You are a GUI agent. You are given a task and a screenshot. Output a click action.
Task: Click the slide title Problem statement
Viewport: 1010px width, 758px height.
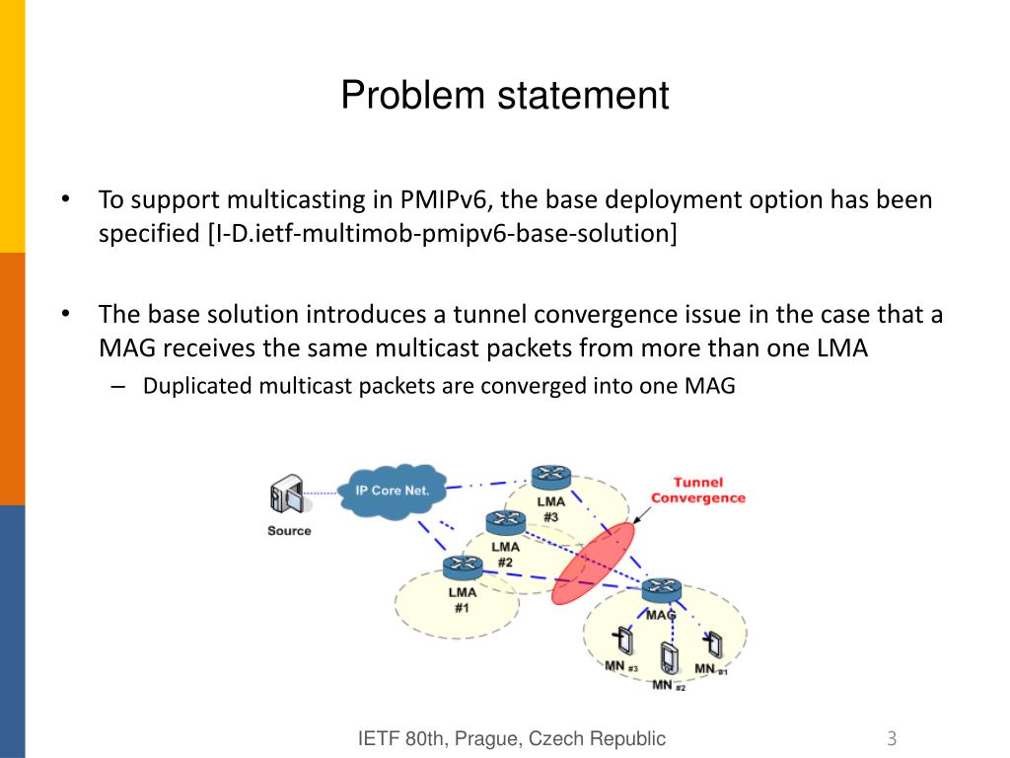tap(505, 96)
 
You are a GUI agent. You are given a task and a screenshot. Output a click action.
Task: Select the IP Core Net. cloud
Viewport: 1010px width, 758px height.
tap(392, 491)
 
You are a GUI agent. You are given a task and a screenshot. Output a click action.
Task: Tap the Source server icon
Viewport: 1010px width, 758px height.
tap(285, 496)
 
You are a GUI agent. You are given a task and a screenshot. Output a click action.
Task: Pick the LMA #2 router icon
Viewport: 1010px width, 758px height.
tap(506, 522)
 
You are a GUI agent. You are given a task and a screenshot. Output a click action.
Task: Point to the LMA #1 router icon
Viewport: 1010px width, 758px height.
tap(462, 568)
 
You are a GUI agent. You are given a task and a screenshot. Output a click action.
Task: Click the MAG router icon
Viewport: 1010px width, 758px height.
tap(661, 591)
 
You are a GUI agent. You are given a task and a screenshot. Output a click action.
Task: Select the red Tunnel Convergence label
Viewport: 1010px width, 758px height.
tap(697, 491)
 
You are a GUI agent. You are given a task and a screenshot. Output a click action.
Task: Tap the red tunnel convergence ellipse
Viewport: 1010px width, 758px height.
tap(593, 563)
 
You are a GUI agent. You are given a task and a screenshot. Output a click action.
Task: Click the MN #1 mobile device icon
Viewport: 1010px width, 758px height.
tap(712, 644)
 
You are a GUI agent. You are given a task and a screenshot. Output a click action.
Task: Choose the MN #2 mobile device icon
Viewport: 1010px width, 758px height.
tap(670, 656)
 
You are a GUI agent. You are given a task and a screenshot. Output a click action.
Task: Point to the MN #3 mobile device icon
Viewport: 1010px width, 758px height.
tap(624, 642)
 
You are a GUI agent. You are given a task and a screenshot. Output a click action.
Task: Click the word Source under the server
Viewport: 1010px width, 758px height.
tap(289, 531)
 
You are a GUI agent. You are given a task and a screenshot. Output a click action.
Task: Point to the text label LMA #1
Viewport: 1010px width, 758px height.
tap(462, 600)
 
